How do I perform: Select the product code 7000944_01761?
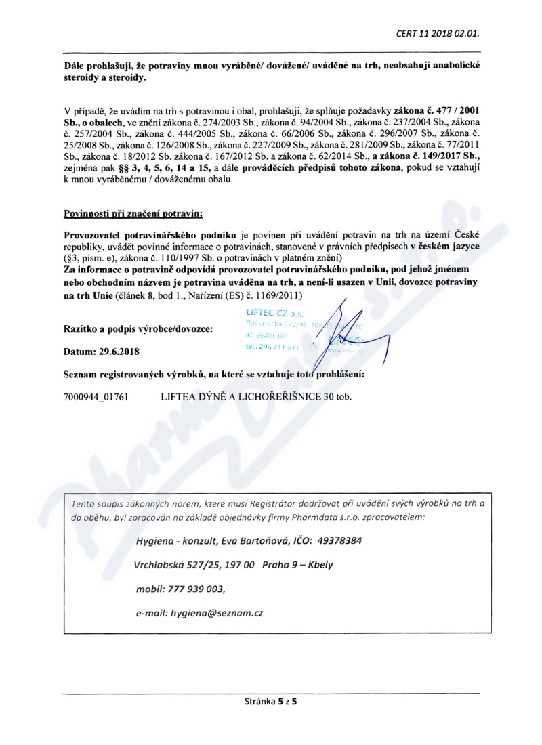pos(96,395)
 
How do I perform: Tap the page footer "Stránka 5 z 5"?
pos(270,702)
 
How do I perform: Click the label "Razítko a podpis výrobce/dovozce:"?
pos(138,329)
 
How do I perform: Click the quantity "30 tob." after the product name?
pos(338,395)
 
